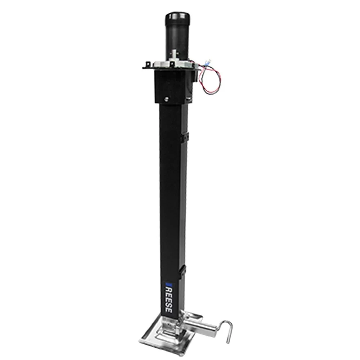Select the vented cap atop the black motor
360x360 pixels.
[x=175, y=18]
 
